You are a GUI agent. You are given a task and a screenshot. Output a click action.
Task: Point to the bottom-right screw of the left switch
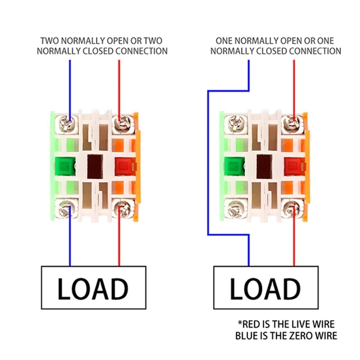click(x=121, y=208)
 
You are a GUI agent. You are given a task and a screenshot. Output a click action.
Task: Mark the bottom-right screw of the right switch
click(x=292, y=208)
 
